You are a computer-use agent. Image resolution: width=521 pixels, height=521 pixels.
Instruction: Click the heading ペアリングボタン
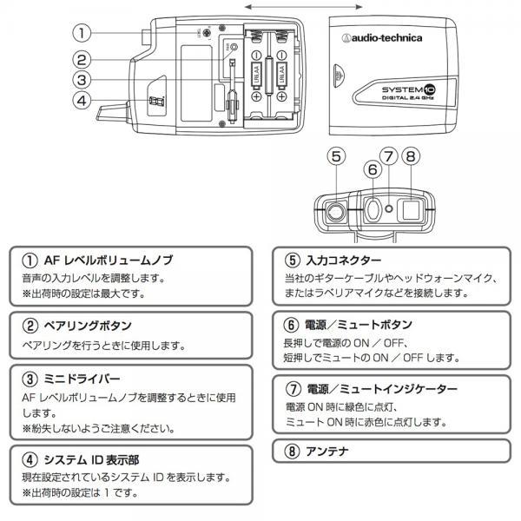tap(87, 325)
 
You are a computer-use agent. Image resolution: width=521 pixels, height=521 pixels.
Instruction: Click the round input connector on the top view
tap(336, 209)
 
